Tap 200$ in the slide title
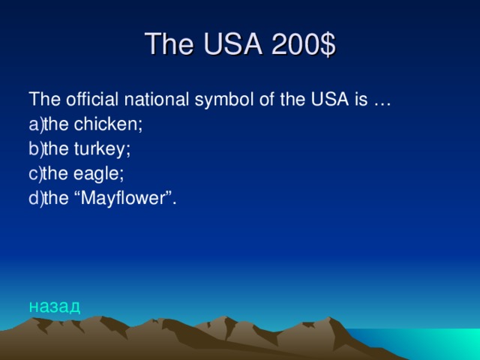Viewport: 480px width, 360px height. tap(298, 45)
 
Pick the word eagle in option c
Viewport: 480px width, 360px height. tap(99, 174)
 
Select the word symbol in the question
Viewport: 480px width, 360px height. tap(214, 100)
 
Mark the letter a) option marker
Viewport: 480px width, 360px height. tap(36, 124)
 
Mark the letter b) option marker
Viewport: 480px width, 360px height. tap(36, 149)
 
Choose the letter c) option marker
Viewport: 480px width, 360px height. tap(35, 174)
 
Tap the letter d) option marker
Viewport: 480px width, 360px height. tap(36, 199)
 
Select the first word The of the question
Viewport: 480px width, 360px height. tap(40, 100)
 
